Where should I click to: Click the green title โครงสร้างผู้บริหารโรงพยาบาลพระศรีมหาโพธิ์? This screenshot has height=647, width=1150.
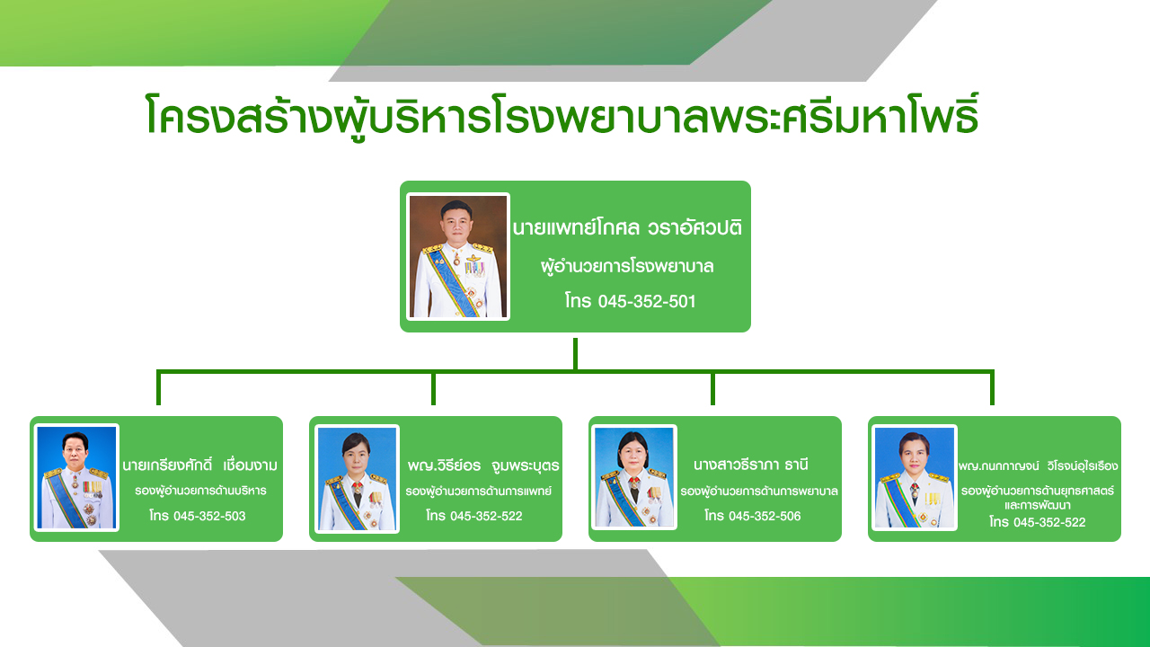[x=562, y=116]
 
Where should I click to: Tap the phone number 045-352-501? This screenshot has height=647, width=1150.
[x=647, y=301]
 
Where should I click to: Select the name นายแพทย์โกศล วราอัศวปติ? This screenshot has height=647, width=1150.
[x=627, y=227]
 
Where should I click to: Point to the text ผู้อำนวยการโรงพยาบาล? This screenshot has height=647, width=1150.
[x=627, y=267]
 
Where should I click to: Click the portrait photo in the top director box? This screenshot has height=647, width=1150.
[x=458, y=256]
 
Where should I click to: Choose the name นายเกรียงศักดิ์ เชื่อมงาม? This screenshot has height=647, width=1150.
[x=199, y=465]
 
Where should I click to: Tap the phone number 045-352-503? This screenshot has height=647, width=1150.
[x=209, y=516]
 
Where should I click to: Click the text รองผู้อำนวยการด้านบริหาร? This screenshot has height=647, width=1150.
[x=200, y=491]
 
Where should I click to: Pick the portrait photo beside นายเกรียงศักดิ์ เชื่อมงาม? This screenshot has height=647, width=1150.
[x=76, y=477]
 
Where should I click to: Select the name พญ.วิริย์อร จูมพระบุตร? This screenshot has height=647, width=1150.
[x=483, y=465]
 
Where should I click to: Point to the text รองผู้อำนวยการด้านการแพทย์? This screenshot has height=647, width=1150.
[x=479, y=492]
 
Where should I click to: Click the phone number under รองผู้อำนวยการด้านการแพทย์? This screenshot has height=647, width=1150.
[x=486, y=516]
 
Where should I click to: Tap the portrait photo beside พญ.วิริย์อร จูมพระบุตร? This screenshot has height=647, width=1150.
[x=357, y=479]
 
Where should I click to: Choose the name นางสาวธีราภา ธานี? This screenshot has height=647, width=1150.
[x=750, y=465]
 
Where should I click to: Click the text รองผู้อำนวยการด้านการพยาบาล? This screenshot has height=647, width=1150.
[x=759, y=492]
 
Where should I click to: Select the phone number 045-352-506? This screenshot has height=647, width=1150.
[x=765, y=516]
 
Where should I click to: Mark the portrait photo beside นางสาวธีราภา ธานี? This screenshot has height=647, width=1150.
[x=634, y=477]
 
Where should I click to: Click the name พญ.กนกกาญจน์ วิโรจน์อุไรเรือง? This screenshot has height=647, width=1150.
[x=1038, y=466]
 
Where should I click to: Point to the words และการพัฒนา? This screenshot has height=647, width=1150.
[x=1038, y=505]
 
